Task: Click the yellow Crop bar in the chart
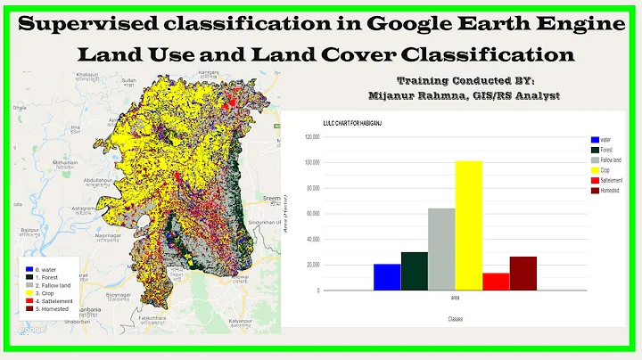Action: (468, 226)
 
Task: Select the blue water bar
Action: (387, 277)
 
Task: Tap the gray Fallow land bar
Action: (441, 250)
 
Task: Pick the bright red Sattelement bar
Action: (495, 282)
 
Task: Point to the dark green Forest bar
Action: (414, 272)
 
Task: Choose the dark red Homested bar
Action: (523, 274)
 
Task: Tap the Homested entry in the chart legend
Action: (611, 190)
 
